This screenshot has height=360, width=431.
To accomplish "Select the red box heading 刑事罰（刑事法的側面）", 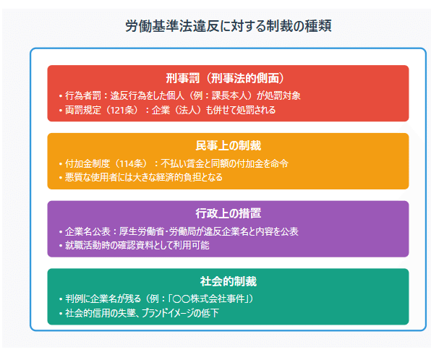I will coord(229,78).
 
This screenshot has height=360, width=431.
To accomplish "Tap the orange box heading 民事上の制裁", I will coord(229,146).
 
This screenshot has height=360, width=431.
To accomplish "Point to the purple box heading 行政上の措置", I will coord(229,213).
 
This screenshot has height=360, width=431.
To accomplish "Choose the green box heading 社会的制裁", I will coord(229,281).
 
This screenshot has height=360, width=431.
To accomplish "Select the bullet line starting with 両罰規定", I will coord(166,111).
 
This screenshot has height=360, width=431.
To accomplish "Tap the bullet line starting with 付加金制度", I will coord(174,163).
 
